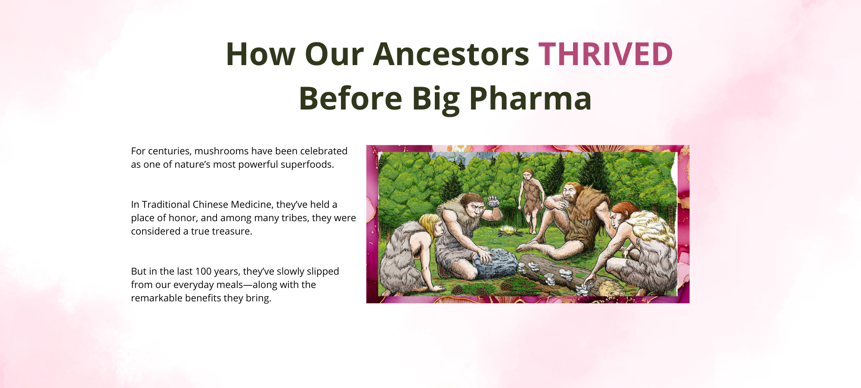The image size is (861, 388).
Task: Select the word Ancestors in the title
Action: coord(451,54)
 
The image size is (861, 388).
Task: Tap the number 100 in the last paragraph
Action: coord(204,271)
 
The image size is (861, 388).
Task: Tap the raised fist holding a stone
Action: coord(493,202)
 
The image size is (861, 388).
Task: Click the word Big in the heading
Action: coord(436,98)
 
